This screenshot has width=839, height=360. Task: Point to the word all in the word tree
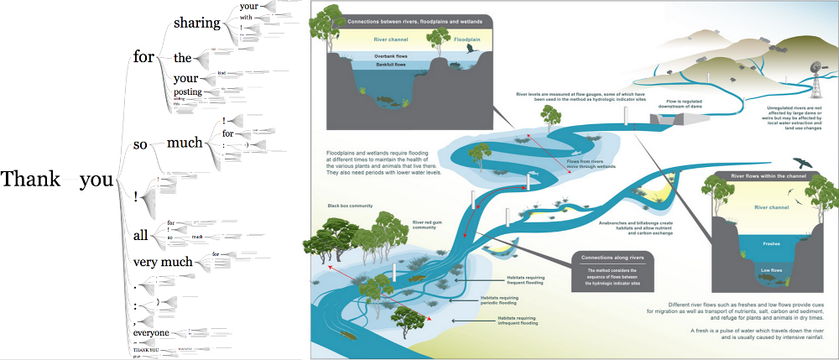click(143, 235)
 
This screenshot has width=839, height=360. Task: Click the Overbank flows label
click(385, 55)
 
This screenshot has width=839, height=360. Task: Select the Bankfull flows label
click(384, 64)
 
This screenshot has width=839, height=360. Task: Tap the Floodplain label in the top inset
click(468, 39)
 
